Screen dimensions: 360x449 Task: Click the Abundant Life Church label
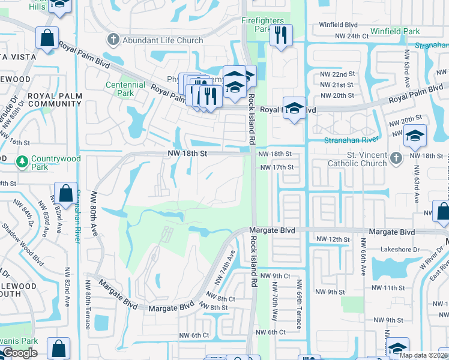tap(163, 40)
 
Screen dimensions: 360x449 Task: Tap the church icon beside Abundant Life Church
tap(112, 40)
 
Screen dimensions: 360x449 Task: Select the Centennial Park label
tap(125, 89)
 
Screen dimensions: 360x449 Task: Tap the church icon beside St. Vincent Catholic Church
tap(395, 158)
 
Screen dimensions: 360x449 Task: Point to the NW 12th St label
tap(333, 239)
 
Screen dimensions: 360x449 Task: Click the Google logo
tap(20, 353)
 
